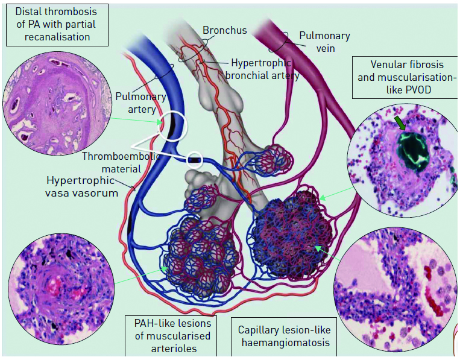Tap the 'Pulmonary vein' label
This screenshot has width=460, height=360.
click(x=324, y=42)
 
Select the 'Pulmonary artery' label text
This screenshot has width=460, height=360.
click(x=136, y=103)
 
